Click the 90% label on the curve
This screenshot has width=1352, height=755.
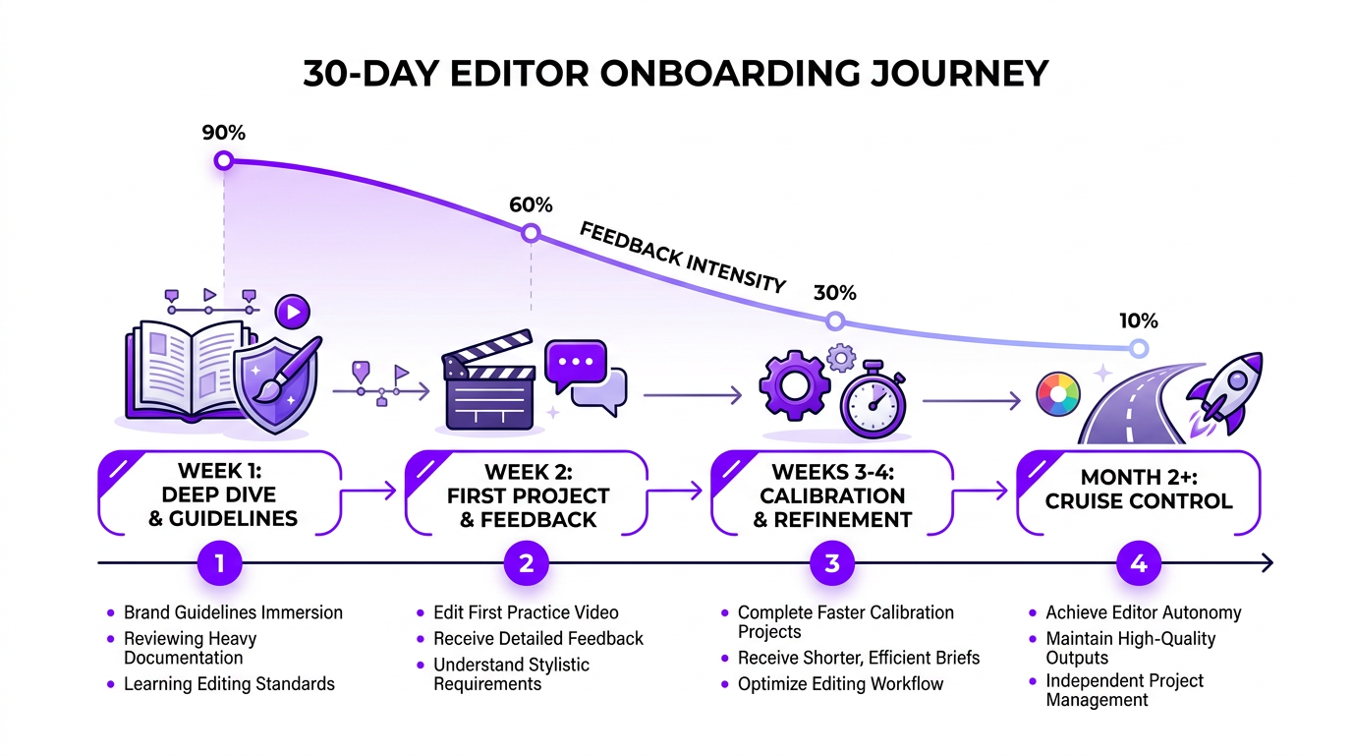tap(223, 133)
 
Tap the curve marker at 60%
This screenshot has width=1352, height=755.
tap(531, 233)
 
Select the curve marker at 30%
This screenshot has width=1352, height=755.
tap(834, 320)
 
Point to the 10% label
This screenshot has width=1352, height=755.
tap(1138, 319)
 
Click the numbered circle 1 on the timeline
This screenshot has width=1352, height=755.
tap(220, 563)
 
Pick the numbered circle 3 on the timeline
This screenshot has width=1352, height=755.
tap(832, 563)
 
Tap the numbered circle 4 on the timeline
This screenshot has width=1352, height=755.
tap(1139, 563)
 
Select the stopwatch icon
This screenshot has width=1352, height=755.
tap(873, 402)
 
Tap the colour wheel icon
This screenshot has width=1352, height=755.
tap(1058, 396)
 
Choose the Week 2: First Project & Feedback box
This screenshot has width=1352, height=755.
tap(528, 494)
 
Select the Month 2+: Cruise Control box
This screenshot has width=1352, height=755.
tap(1137, 492)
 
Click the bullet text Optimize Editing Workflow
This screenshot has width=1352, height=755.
tap(840, 684)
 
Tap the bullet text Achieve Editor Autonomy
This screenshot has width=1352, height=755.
tap(1144, 612)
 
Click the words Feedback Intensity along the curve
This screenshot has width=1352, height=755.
tap(682, 258)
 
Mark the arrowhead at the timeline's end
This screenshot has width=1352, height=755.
tap(1267, 563)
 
